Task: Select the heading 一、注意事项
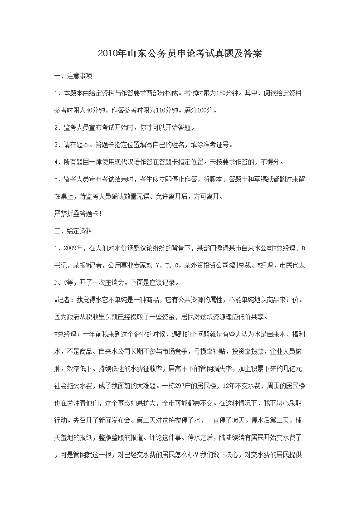73,76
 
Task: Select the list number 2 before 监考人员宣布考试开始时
56,127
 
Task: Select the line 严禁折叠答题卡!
78,213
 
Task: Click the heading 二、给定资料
73,231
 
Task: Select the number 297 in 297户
180,386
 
